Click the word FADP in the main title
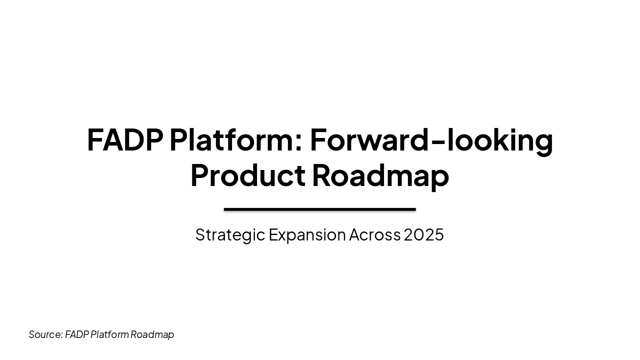124,140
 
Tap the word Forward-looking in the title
431,140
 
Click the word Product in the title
247,175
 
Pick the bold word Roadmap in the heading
380,175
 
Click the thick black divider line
319,209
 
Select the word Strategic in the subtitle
230,234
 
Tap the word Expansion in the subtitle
307,234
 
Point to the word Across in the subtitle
374,234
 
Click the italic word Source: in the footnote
45,334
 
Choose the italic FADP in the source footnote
76,334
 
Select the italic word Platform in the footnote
109,334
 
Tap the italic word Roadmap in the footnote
152,334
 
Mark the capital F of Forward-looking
318,140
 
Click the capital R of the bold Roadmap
321,175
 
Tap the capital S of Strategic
200,234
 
